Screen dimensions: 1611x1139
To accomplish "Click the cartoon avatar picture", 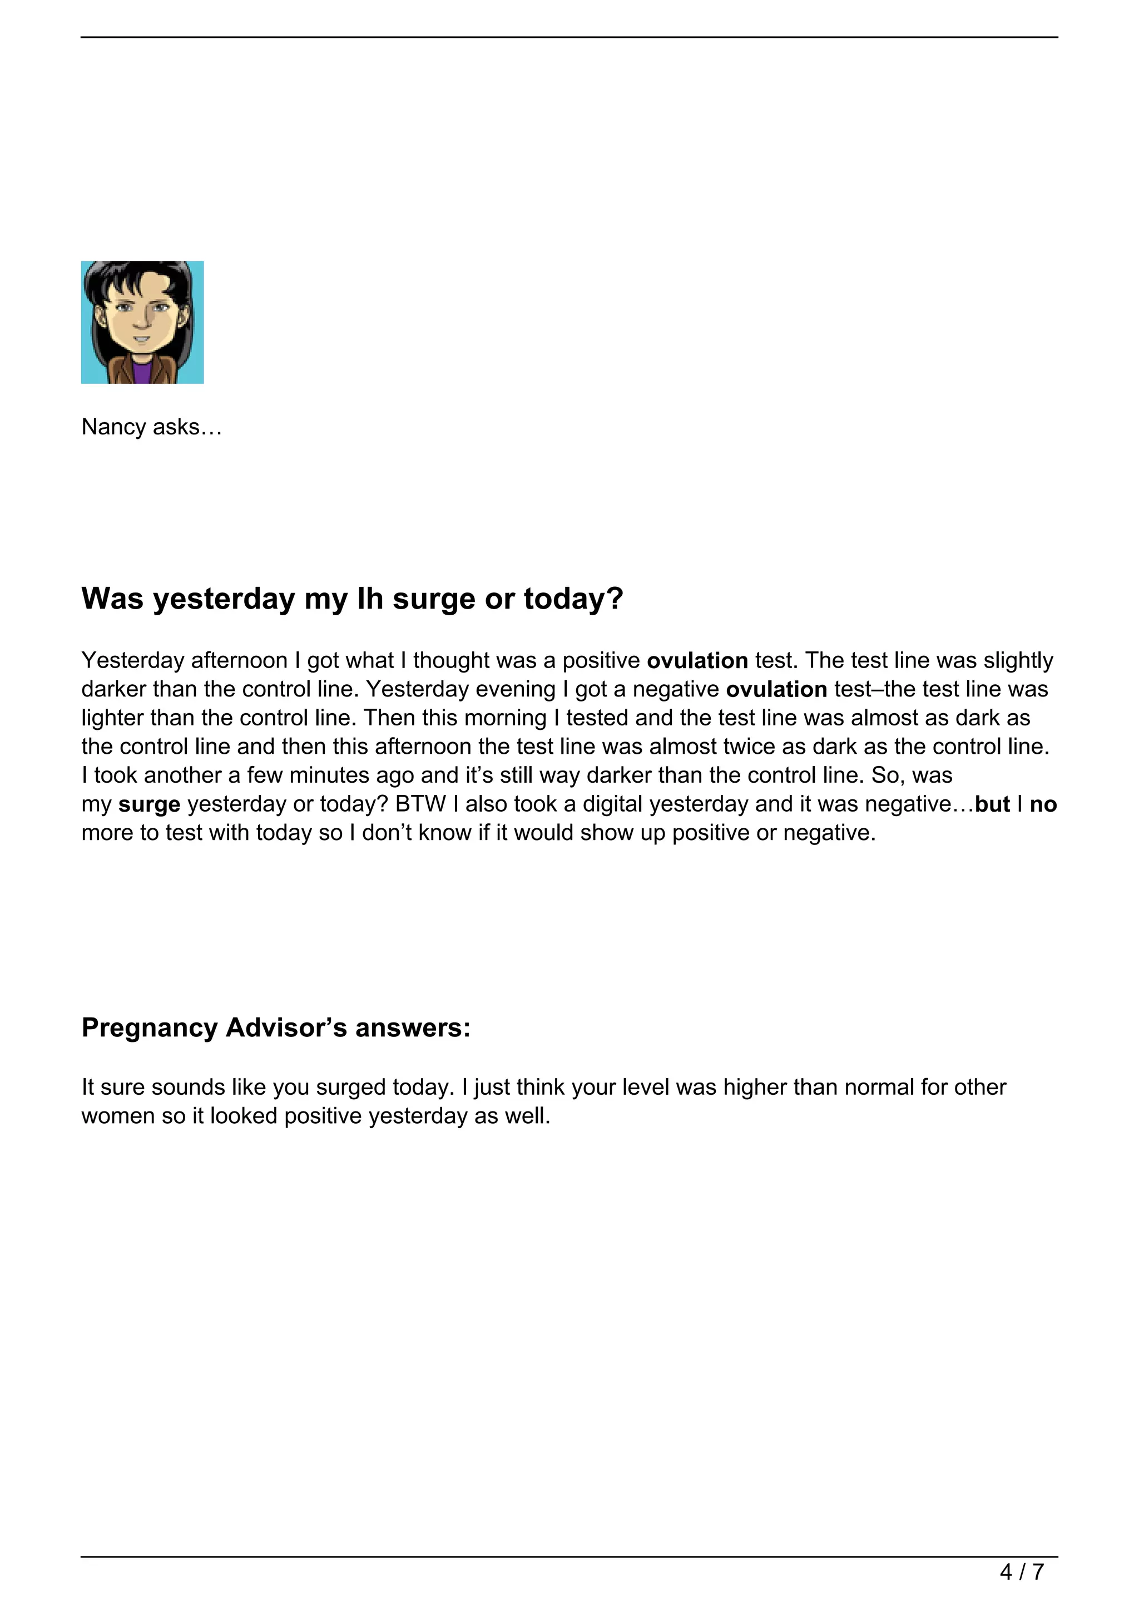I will click(142, 322).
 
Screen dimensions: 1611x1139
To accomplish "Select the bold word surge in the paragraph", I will click(150, 804).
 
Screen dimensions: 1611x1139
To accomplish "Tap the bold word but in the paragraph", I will click(992, 804).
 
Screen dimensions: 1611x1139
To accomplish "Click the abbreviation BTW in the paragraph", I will click(421, 804).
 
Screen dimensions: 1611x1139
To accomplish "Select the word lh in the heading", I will click(371, 599).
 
